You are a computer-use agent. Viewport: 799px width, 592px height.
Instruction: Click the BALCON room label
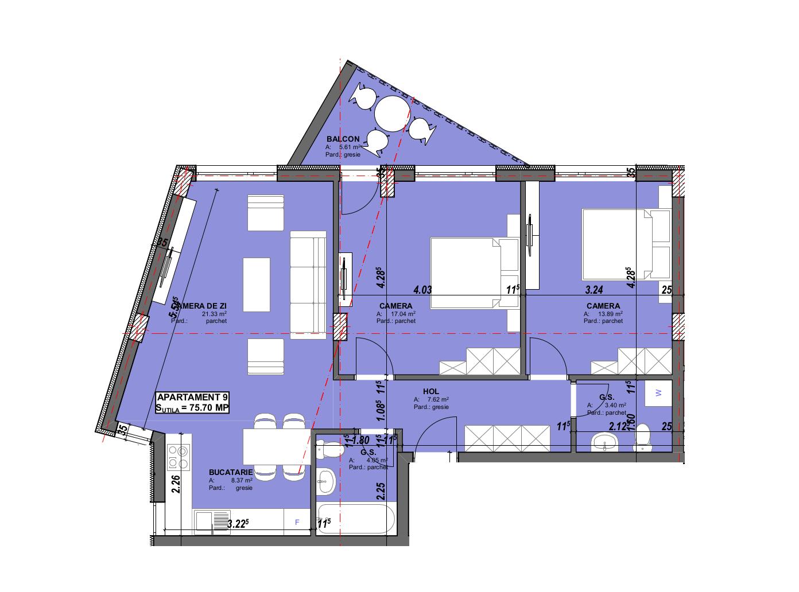[x=343, y=139]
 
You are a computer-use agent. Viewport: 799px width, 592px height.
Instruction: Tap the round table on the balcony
[x=393, y=113]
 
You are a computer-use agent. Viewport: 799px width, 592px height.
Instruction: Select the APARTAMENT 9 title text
[x=189, y=397]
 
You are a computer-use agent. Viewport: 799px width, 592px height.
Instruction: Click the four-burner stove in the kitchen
[x=178, y=457]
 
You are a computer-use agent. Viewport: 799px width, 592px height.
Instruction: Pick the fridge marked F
[x=297, y=523]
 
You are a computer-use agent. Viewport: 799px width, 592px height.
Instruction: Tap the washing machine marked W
[x=658, y=393]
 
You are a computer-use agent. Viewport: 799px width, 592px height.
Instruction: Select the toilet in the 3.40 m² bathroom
[x=641, y=438]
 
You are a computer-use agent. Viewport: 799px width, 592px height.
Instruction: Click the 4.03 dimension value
[x=422, y=290]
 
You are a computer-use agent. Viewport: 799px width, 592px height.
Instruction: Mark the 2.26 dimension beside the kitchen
[x=176, y=485]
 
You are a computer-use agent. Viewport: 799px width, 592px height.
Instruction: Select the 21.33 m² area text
[x=214, y=314]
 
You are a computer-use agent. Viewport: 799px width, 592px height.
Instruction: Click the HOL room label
[x=430, y=391]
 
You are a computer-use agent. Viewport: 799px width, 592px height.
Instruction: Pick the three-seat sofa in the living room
[x=308, y=281]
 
